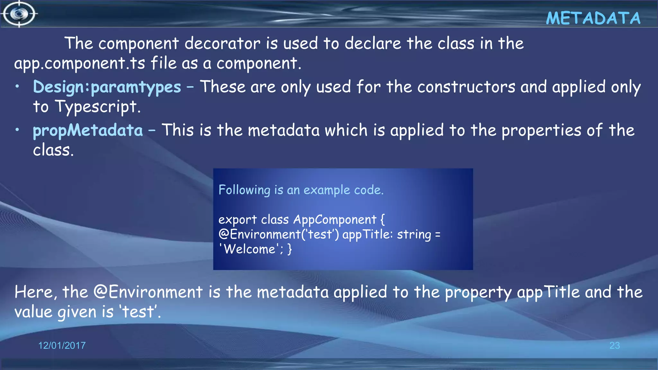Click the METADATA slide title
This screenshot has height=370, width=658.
point(593,18)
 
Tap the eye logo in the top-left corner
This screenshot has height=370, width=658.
point(19,14)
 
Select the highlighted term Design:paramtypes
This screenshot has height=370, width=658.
point(107,87)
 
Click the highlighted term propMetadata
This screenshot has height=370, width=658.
point(88,130)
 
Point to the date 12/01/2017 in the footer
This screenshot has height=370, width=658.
point(62,346)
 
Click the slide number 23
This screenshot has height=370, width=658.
point(614,346)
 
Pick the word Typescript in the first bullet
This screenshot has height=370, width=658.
point(98,107)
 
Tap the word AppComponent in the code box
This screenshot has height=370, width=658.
point(334,220)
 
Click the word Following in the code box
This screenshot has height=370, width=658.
point(244,190)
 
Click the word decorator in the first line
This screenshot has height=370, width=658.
point(222,43)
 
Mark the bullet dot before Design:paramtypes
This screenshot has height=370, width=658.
point(18,86)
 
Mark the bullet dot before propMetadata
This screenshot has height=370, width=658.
point(18,129)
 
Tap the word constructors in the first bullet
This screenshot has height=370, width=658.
point(466,87)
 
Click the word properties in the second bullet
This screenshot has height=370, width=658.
point(541,130)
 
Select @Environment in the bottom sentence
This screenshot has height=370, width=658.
point(148,292)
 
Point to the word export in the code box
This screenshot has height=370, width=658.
point(237,220)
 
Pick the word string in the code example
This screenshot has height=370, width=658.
point(414,234)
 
